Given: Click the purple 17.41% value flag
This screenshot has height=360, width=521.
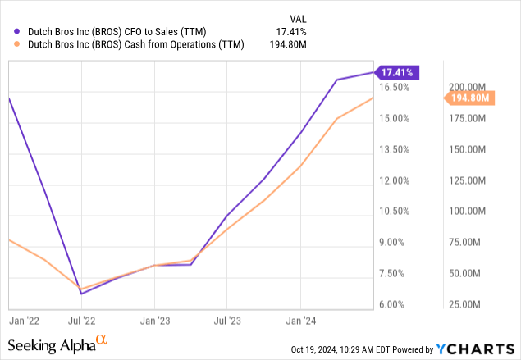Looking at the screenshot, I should [398, 72].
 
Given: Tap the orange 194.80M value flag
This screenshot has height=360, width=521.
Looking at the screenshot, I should [468, 98].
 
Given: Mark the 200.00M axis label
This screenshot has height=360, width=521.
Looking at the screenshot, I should [468, 87].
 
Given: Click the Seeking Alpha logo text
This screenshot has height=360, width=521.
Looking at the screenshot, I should [50, 345].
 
